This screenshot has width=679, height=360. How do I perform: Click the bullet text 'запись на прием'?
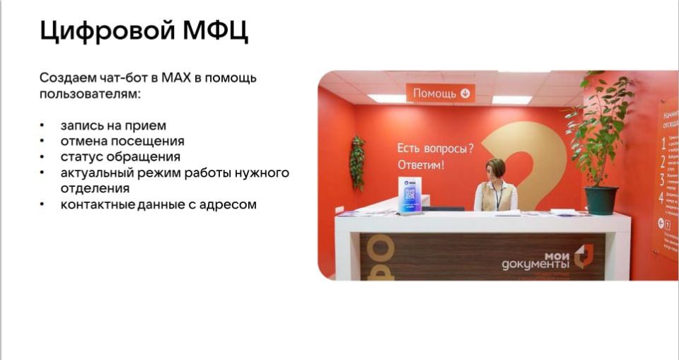point(113,126)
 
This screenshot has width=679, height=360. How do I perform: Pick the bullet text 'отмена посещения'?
point(122,141)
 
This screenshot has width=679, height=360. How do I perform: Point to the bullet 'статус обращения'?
point(120,157)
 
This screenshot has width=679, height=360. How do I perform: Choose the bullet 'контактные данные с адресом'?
point(158,205)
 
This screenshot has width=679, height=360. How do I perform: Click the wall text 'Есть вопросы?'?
point(434,149)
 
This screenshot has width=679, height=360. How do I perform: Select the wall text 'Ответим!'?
point(422,166)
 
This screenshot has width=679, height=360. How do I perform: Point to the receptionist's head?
point(496,169)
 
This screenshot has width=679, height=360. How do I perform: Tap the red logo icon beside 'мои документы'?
point(583,256)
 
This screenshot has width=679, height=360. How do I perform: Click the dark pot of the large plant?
point(601,200)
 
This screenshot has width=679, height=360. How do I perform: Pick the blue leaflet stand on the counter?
point(410,194)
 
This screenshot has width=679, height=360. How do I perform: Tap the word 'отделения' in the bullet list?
point(95,189)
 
